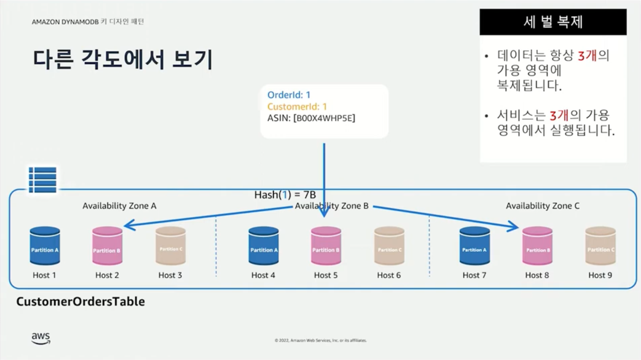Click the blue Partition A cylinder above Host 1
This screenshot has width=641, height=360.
click(x=45, y=246)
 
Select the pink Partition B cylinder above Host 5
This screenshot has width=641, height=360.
click(x=326, y=246)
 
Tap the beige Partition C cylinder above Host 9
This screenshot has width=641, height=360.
click(x=600, y=246)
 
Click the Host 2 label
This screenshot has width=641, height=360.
click(x=107, y=275)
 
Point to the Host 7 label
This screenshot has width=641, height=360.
click(x=474, y=275)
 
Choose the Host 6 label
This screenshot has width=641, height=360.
click(x=389, y=275)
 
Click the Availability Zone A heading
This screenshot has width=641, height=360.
click(x=119, y=206)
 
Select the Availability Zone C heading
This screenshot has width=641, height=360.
click(x=542, y=206)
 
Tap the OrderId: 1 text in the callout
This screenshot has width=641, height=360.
click(x=289, y=95)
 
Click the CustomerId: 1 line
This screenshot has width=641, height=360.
click(x=297, y=107)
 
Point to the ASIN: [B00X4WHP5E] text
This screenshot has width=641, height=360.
click(x=311, y=118)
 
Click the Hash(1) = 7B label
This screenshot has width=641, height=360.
click(x=285, y=195)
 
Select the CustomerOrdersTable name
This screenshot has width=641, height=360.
click(x=81, y=302)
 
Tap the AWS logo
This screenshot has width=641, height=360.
click(x=41, y=338)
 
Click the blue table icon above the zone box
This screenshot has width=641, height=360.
click(x=42, y=179)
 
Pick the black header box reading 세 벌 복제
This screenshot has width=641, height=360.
click(x=553, y=22)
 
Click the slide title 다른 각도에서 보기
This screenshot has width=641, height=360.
click(x=123, y=59)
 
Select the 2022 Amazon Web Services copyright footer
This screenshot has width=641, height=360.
click(x=320, y=340)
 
